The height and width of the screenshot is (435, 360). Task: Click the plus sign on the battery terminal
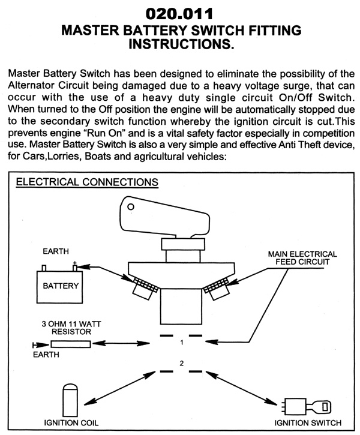click(74, 263)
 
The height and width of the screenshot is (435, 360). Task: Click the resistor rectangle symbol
click(71, 344)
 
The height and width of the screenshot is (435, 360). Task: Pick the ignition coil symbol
click(71, 397)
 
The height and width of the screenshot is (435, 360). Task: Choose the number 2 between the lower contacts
click(181, 364)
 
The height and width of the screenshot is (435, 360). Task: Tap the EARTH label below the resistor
click(46, 355)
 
